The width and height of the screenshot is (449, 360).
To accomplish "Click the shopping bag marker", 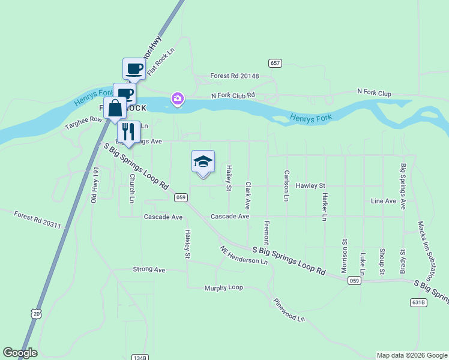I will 115,109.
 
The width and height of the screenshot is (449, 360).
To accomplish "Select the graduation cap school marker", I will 203,162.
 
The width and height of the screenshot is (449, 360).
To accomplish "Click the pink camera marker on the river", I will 177,98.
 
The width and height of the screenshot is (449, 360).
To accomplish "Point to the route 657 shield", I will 276,63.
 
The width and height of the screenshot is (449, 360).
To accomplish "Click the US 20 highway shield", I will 37,314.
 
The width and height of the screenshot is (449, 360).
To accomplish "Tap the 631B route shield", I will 419,302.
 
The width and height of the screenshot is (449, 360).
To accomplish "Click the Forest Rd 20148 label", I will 234,76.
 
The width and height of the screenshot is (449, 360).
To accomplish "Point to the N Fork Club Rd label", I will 233,95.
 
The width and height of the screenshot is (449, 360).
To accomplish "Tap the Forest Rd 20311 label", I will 37,220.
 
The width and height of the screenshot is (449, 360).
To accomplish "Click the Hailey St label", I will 229,179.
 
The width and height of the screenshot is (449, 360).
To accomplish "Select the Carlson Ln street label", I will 286,185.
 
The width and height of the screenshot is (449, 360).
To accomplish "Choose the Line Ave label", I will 384,200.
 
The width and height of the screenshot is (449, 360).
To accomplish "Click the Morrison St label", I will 345,257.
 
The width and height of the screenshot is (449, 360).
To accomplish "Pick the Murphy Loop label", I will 223,287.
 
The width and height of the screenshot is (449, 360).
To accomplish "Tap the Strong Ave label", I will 149,269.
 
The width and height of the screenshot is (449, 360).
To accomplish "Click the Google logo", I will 20,353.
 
